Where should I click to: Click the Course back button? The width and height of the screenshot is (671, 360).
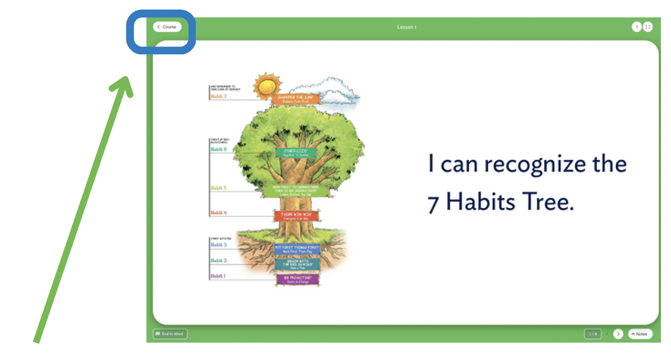167,27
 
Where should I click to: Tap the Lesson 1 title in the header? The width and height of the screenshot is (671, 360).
407,27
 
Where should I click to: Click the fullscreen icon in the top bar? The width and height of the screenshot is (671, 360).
647,26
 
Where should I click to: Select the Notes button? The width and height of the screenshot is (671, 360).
640,334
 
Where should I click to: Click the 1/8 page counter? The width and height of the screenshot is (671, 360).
592,334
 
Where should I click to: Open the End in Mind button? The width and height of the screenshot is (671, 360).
171,334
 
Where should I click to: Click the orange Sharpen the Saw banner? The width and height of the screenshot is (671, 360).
296,99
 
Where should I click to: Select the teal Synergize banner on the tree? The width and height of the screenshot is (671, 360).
296,153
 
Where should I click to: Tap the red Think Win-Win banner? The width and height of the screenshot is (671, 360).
296,215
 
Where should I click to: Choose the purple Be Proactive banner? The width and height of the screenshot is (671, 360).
297,279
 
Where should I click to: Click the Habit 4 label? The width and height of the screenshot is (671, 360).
218,213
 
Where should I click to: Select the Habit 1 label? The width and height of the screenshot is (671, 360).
218,276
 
